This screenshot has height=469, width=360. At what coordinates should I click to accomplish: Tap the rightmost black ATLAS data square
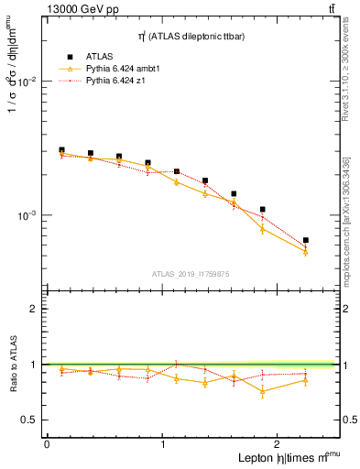tap(305, 240)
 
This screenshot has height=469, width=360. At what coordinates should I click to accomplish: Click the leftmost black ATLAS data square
tap(61, 150)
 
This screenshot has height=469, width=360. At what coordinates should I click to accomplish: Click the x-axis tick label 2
tap(278, 444)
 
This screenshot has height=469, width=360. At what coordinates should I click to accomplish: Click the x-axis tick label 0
tap(47, 444)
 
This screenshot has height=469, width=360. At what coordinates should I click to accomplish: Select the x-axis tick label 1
tap(163, 444)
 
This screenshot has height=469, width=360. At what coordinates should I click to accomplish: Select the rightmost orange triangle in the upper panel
tap(305, 252)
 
